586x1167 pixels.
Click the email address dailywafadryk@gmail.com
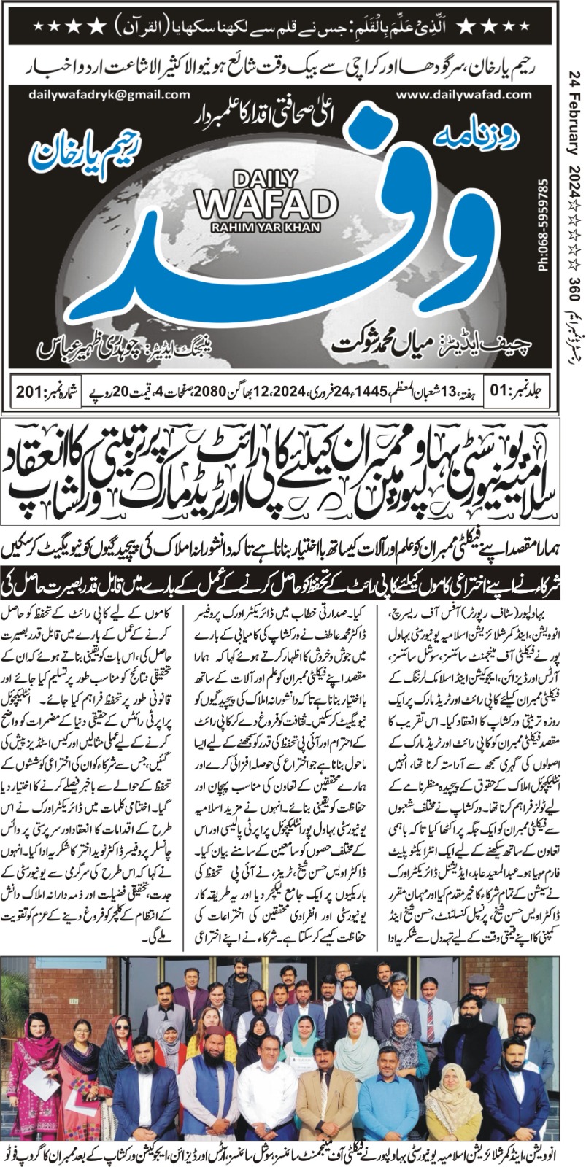109,95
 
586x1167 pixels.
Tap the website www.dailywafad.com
462,95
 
